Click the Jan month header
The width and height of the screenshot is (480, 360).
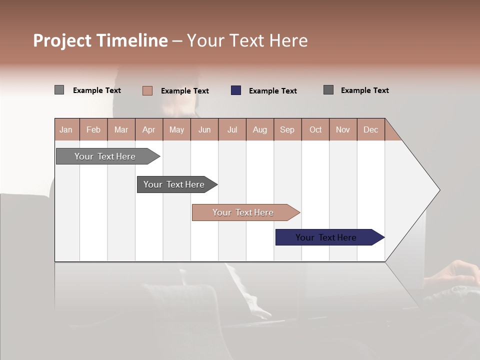(x=66, y=129)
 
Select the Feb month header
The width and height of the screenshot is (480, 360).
(x=93, y=129)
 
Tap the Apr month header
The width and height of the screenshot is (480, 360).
(x=148, y=129)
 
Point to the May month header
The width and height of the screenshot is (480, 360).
(x=176, y=129)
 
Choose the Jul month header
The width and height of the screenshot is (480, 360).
(x=232, y=129)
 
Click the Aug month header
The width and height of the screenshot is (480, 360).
(x=259, y=129)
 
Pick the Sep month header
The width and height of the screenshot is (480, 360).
(x=287, y=129)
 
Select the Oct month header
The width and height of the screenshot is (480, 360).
(x=315, y=129)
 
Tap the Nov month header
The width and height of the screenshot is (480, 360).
(x=342, y=129)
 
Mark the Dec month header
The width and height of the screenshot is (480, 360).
(x=370, y=129)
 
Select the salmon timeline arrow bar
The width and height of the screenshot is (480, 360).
(x=243, y=212)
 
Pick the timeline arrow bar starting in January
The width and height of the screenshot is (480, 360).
(x=105, y=156)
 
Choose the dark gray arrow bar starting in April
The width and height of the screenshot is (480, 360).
(x=174, y=184)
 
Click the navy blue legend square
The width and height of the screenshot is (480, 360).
(x=236, y=90)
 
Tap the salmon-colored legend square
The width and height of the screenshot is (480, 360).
(x=147, y=90)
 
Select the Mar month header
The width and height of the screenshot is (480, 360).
(x=121, y=129)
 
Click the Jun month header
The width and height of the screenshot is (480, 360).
(x=204, y=129)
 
